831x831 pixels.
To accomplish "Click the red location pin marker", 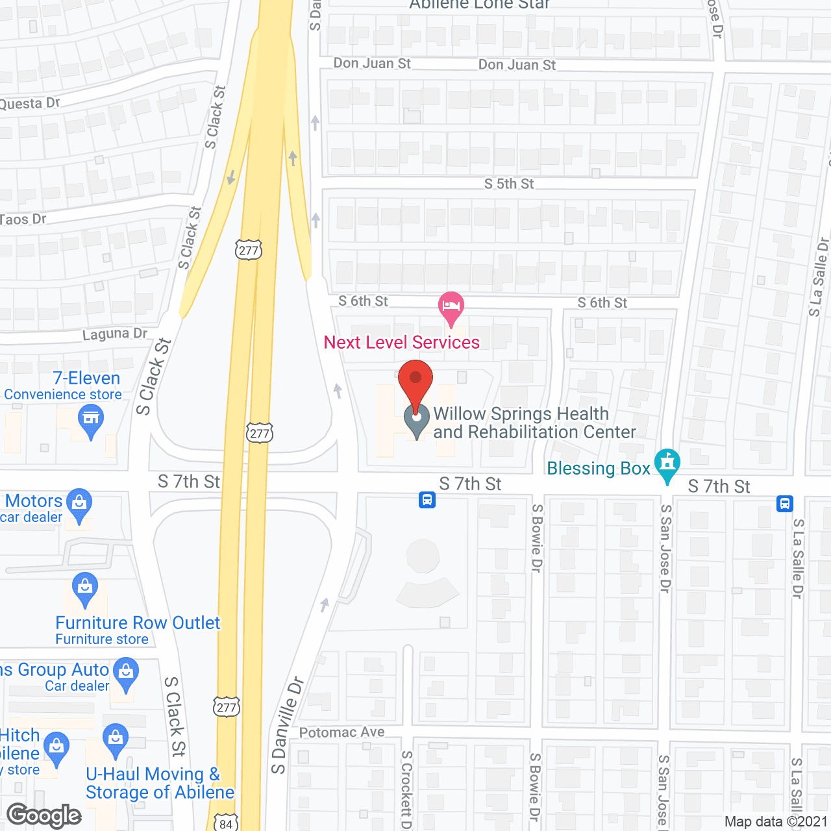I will coord(415,382).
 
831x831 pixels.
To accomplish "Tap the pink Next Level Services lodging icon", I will coord(451,306).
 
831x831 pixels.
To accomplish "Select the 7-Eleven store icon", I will coord(91,419).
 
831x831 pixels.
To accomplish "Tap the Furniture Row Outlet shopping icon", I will coord(85,588).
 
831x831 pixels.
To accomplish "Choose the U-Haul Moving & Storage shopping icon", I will coord(116,739).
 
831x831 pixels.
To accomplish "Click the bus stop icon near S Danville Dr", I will coord(427,500).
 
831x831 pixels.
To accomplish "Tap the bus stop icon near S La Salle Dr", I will coord(784,503).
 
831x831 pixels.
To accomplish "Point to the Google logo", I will coord(44,815).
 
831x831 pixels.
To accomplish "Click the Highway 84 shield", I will coord(225,823).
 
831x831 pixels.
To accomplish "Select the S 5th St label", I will coord(509,184).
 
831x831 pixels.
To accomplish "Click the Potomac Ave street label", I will coord(341,732).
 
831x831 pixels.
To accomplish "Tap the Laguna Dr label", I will coord(115,334).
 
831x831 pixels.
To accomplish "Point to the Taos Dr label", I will coord(23,219).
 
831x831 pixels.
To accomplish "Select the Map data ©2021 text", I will coord(776,821).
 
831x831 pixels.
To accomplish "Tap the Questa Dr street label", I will coord(29,104).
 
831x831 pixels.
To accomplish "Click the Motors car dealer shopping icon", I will coord(79,504).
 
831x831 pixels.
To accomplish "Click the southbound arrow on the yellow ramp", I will coord(231,177).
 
